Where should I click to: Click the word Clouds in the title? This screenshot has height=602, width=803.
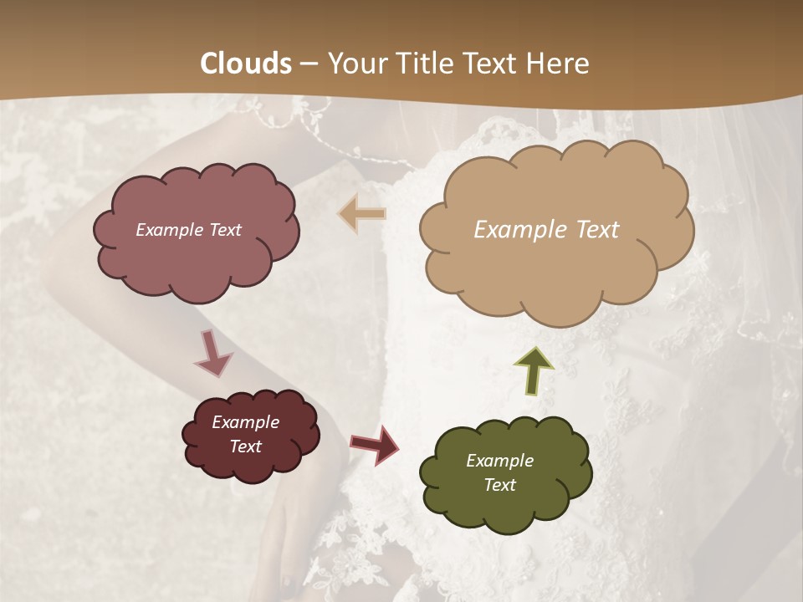pyautogui.click(x=246, y=64)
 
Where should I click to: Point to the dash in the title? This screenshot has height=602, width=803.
pyautogui.click(x=309, y=64)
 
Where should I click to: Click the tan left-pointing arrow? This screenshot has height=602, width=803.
pyautogui.click(x=362, y=214)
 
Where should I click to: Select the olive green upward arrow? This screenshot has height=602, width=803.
pyautogui.click(x=534, y=369)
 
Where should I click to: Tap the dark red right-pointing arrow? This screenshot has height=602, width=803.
pyautogui.click(x=374, y=444)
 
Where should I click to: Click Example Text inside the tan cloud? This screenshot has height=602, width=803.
pyautogui.click(x=546, y=230)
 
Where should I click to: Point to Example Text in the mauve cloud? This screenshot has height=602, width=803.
pyautogui.click(x=188, y=230)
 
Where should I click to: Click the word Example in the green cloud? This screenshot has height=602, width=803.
pyautogui.click(x=499, y=461)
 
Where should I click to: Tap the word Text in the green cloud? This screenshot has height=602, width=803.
pyautogui.click(x=499, y=485)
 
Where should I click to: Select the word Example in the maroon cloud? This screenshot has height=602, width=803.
pyautogui.click(x=245, y=422)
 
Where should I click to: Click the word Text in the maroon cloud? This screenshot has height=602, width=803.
pyautogui.click(x=245, y=446)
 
